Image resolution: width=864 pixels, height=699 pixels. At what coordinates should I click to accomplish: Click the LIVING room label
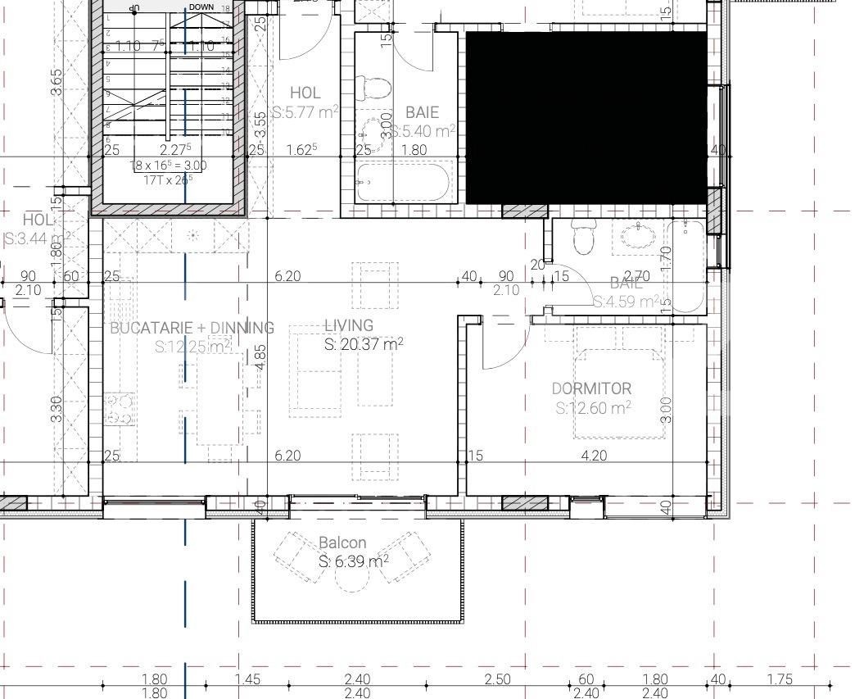(x=348, y=326)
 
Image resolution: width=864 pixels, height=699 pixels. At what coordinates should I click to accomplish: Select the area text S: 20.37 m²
(x=363, y=345)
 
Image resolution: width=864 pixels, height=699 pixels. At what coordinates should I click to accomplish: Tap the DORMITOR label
(x=591, y=388)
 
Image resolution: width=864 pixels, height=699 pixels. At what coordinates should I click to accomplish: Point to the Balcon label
(x=342, y=542)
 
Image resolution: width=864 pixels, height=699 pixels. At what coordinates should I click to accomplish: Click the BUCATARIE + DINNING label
(x=192, y=328)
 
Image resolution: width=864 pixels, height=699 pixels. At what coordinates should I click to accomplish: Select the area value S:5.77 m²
(x=305, y=112)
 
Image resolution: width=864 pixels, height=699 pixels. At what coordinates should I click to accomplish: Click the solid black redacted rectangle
(x=586, y=117)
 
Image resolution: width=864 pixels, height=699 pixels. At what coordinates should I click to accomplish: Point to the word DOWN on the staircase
(x=201, y=7)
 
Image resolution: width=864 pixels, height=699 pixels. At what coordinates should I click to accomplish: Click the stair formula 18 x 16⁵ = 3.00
(x=169, y=166)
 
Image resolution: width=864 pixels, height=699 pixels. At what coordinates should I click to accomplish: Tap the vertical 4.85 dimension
(x=260, y=357)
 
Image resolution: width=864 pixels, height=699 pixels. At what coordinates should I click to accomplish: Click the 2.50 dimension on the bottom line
(x=497, y=679)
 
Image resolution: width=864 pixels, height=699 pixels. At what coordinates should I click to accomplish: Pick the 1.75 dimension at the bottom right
(x=780, y=679)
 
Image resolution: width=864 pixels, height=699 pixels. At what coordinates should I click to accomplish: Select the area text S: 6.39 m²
(x=353, y=562)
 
